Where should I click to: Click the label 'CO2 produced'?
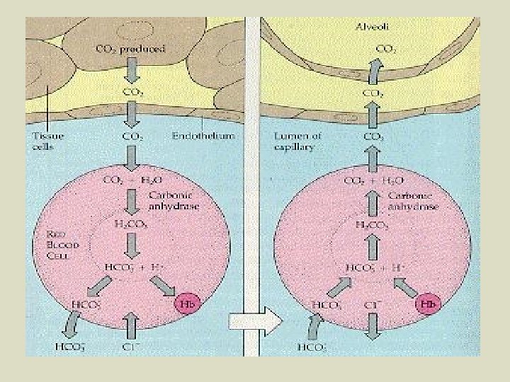click(130, 50)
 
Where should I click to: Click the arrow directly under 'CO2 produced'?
click(131, 71)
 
